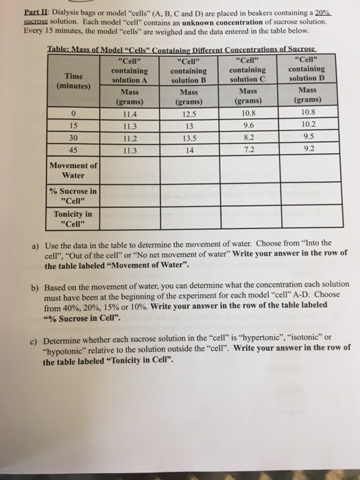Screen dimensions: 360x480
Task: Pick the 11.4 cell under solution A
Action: (x=127, y=113)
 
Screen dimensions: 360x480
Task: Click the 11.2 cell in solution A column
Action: (x=127, y=136)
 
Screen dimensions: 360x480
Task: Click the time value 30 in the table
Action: (x=72, y=136)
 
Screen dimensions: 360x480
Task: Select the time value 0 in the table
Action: (x=72, y=114)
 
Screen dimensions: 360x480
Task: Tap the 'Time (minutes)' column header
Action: (x=72, y=81)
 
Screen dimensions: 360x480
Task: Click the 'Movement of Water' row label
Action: (x=73, y=169)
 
